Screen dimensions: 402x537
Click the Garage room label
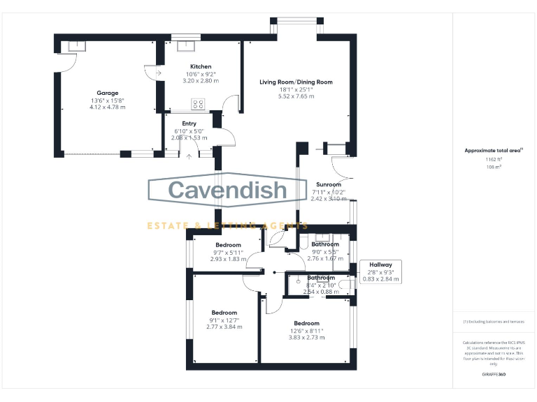[108, 93]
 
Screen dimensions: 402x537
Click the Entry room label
[189, 124]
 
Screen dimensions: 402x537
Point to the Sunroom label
[328, 185]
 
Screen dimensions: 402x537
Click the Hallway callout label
[382, 265]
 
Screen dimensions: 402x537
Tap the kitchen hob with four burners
[198, 105]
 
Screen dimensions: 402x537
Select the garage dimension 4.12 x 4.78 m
[108, 107]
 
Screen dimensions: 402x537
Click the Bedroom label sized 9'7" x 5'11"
[229, 245]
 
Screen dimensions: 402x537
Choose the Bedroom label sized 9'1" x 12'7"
[224, 313]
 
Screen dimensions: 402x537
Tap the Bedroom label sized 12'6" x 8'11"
[306, 324]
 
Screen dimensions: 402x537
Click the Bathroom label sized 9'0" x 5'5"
[325, 244]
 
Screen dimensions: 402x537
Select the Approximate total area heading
[494, 150]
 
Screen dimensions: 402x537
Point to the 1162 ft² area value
[494, 160]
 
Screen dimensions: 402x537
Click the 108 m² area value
[494, 167]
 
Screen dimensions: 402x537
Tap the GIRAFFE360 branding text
[494, 375]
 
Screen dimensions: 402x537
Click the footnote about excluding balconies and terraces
[494, 322]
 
